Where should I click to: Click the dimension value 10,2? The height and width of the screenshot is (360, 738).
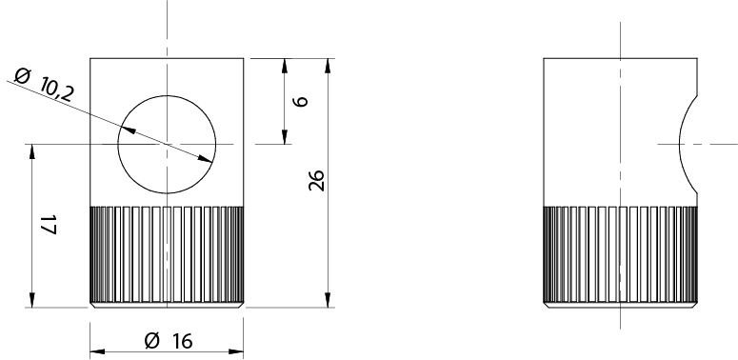pos(57,90)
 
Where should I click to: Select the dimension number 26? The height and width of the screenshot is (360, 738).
pos(316,180)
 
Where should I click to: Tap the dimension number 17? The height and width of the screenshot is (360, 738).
pos(48,225)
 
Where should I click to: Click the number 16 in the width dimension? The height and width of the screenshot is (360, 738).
pos(182,342)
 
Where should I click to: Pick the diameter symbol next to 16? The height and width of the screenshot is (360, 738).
pos(152,340)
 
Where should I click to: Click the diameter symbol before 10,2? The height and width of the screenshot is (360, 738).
pos(23,75)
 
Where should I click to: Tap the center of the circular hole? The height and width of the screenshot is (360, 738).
pos(167,144)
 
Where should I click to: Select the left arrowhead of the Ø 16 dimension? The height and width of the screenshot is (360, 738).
pos(97,351)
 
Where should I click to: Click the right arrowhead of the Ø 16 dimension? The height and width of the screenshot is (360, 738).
pos(236,351)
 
